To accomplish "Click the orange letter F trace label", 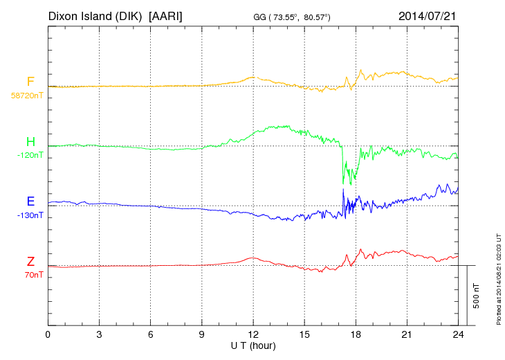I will coord(30,82).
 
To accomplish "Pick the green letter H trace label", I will coord(30,142).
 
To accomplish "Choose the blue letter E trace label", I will coord(30,201).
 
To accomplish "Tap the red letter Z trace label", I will coord(30,262).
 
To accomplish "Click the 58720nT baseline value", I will coord(27,96).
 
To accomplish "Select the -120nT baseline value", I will coord(30,155).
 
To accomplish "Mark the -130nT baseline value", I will coord(30,215).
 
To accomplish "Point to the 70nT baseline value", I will coord(32,275).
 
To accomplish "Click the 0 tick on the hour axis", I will coord(48,334).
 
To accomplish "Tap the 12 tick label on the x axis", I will coord(253,334).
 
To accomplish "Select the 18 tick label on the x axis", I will coord(356,334).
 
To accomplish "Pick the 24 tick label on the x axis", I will coord(458,334).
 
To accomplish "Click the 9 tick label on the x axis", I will coord(202,334).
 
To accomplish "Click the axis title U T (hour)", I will coord(253,345).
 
